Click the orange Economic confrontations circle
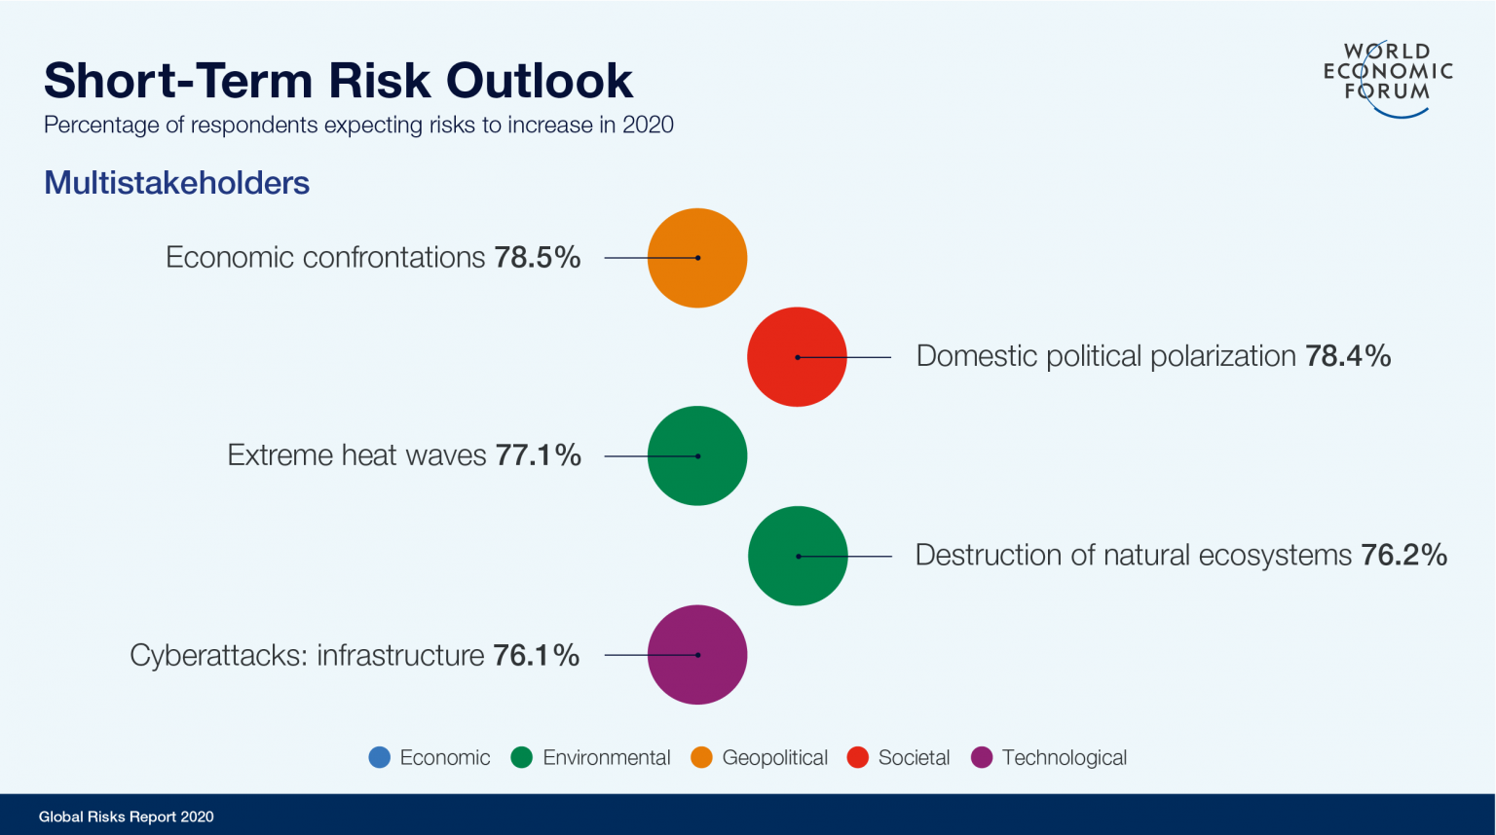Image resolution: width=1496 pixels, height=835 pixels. [x=697, y=258]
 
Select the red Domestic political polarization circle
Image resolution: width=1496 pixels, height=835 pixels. [x=797, y=357]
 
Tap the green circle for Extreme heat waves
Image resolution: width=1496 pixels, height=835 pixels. [x=697, y=455]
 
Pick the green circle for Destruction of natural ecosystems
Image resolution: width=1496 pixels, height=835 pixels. [x=798, y=556]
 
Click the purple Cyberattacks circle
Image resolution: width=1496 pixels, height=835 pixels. [x=697, y=655]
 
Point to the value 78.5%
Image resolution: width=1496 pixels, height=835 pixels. [x=537, y=258]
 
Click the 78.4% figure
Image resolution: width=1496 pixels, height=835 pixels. [x=1348, y=356]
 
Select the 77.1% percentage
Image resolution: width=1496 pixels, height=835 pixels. [x=538, y=455]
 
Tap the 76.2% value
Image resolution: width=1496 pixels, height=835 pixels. [x=1403, y=555]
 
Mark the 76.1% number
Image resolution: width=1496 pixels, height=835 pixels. [x=536, y=655]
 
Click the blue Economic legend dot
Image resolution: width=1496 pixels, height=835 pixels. [x=380, y=757]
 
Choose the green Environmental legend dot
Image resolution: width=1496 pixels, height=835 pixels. [x=522, y=757]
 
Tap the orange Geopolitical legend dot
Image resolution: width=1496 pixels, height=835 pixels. [x=701, y=757]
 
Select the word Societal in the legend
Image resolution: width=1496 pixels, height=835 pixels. [x=914, y=757]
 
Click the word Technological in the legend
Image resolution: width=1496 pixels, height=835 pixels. [x=1064, y=757]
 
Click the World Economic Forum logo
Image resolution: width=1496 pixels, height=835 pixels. [x=1388, y=78]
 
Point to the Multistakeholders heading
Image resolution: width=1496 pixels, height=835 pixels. [x=176, y=183]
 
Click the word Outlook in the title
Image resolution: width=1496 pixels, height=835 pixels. [x=540, y=81]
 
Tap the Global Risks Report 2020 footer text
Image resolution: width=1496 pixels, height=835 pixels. [x=126, y=817]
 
